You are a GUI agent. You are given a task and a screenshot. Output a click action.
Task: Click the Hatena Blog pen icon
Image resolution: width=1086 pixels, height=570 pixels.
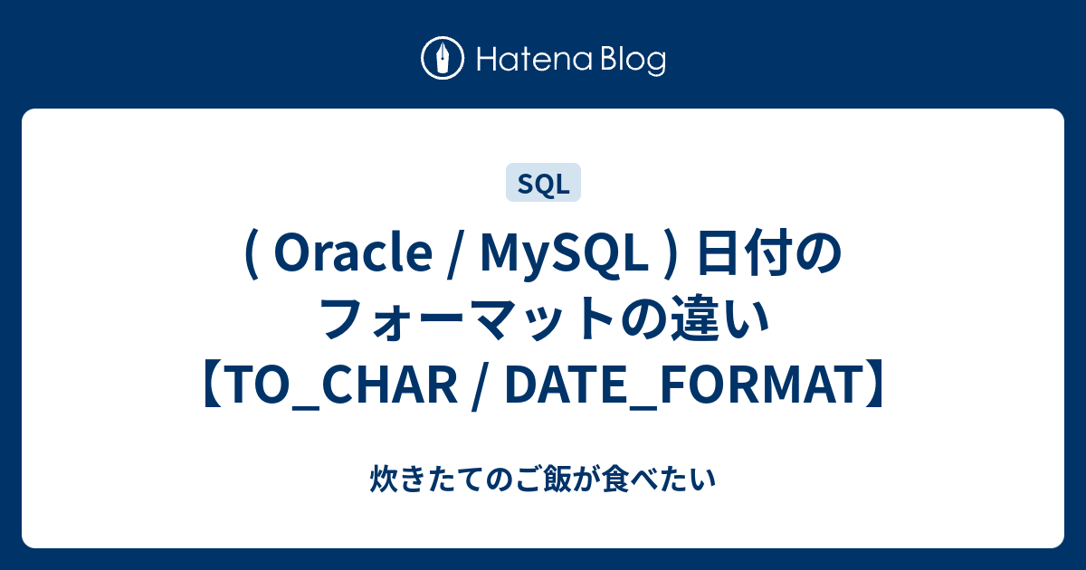pyautogui.click(x=443, y=58)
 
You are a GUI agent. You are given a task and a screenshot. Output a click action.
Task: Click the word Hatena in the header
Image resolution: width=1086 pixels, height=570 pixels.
pyautogui.click(x=535, y=60)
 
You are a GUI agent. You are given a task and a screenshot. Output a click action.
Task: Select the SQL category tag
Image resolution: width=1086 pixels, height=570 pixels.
pyautogui.click(x=543, y=182)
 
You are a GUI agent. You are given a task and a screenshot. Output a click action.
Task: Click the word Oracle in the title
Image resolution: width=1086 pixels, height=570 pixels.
pyautogui.click(x=353, y=253)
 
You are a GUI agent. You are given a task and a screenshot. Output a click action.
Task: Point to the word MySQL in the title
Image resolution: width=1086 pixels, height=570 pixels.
pyautogui.click(x=564, y=254)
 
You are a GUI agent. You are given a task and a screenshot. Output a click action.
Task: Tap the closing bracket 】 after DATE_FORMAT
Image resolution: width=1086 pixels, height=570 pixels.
pyautogui.click(x=872, y=385)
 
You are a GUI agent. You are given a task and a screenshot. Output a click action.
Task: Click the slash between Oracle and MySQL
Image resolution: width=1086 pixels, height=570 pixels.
pyautogui.click(x=456, y=255)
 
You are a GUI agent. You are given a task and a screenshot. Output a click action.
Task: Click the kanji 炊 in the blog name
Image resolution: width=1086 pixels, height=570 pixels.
pyautogui.click(x=384, y=479)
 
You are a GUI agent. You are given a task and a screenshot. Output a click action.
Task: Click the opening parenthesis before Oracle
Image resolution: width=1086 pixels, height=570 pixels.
pyautogui.click(x=252, y=255)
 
